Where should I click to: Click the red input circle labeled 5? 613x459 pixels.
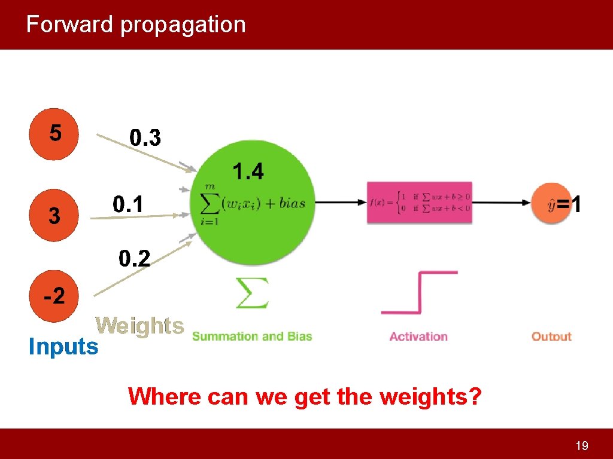click(x=54, y=134)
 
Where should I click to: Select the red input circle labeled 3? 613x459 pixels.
click(x=54, y=215)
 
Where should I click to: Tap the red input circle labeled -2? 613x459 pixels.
click(x=54, y=296)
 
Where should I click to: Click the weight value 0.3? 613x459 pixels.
click(x=145, y=139)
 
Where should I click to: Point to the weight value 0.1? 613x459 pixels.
click(x=129, y=206)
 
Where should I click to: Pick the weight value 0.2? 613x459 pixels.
click(x=135, y=259)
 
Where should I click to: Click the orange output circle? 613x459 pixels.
click(x=551, y=204)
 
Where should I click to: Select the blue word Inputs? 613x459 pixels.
click(x=63, y=346)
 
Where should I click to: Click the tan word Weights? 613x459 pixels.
click(x=139, y=326)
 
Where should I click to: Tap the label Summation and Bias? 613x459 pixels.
click(x=252, y=336)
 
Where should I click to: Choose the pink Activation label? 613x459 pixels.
click(x=418, y=336)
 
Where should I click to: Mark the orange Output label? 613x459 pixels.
click(x=551, y=336)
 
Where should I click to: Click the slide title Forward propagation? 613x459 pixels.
click(x=136, y=25)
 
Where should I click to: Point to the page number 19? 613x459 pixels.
click(x=581, y=445)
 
